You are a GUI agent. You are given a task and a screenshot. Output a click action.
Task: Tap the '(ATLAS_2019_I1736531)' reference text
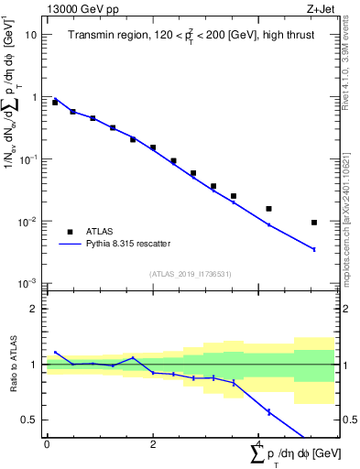click(190, 274)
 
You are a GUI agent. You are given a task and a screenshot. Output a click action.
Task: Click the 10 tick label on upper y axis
click(30, 34)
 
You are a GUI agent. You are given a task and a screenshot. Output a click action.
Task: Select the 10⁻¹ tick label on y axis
click(27, 158)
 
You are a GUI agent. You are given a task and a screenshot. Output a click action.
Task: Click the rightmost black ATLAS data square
click(314, 223)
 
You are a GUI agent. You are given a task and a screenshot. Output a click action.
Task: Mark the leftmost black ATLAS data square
click(55, 103)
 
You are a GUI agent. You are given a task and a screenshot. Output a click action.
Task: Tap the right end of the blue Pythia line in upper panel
click(314, 249)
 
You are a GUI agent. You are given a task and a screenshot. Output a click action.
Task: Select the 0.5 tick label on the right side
click(346, 420)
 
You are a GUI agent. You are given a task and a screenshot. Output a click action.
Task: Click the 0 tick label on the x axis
click(47, 443)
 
